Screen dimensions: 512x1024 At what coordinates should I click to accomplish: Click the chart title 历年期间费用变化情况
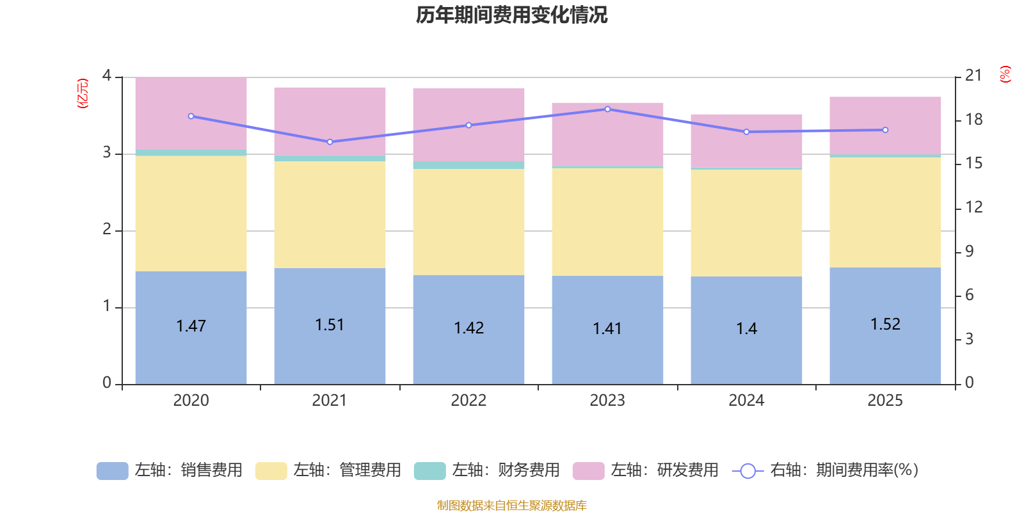point(511,15)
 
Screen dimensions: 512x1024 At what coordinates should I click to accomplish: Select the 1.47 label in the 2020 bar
point(191,326)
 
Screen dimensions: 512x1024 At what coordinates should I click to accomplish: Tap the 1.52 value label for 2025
point(885,324)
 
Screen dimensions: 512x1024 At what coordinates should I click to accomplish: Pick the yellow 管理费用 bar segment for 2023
point(607,221)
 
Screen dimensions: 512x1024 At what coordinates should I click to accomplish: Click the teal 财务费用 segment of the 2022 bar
point(468,165)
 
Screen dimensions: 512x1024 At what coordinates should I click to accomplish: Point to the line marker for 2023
point(607,109)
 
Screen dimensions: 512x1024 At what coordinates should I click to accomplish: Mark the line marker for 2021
point(330,142)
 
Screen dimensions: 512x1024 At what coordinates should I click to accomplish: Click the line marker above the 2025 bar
point(885,130)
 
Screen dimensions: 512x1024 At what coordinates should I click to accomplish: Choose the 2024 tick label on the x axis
point(746,401)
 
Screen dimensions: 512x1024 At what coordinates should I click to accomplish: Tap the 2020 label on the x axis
point(191,401)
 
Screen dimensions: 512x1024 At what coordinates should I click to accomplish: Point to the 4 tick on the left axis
point(107,76)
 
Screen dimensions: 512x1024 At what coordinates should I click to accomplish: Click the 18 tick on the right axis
point(973,120)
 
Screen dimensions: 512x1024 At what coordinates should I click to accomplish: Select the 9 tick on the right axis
point(969,252)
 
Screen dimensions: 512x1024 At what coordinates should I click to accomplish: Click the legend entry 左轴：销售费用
point(170,470)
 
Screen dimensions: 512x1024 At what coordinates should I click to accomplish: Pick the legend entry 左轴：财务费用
point(487,470)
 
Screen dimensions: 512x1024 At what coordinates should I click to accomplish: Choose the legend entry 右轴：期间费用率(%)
point(826,470)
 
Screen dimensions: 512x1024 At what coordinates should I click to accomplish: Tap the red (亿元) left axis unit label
point(83,93)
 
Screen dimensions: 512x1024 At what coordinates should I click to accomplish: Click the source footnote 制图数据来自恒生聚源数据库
point(511,506)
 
